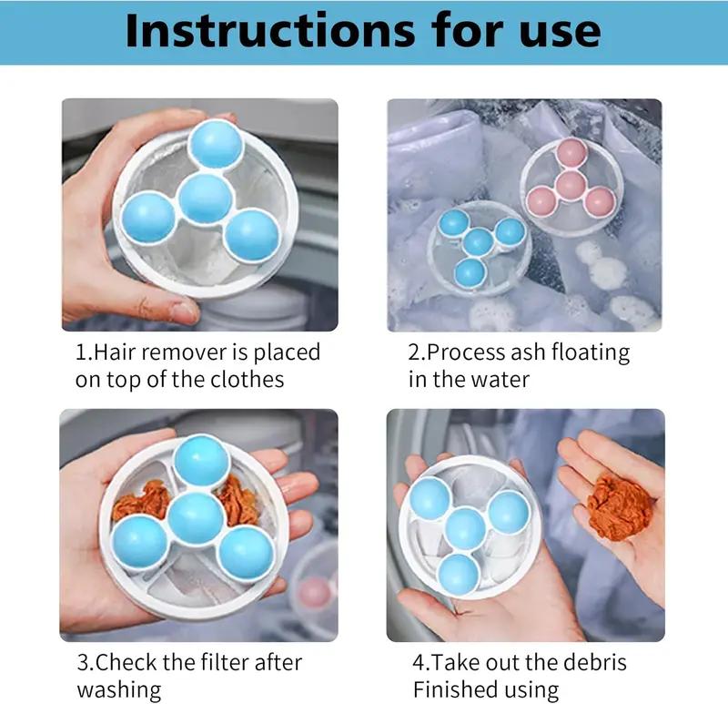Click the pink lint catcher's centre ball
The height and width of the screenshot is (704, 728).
[570, 185]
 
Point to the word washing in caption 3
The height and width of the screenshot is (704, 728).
[118, 689]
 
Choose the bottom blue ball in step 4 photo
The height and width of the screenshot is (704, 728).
[459, 576]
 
